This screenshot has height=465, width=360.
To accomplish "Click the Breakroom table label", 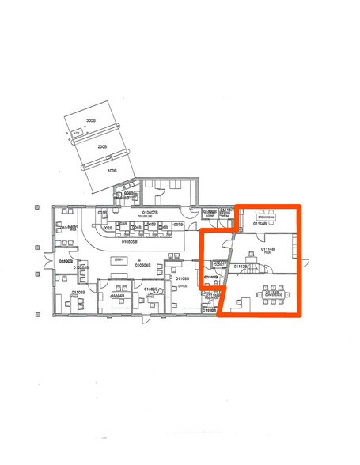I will [x=265, y=214].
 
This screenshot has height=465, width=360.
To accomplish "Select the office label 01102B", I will [x=78, y=293].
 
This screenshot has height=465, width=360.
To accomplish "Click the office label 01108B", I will [x=181, y=279].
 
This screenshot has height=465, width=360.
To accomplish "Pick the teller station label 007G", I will [x=178, y=225].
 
